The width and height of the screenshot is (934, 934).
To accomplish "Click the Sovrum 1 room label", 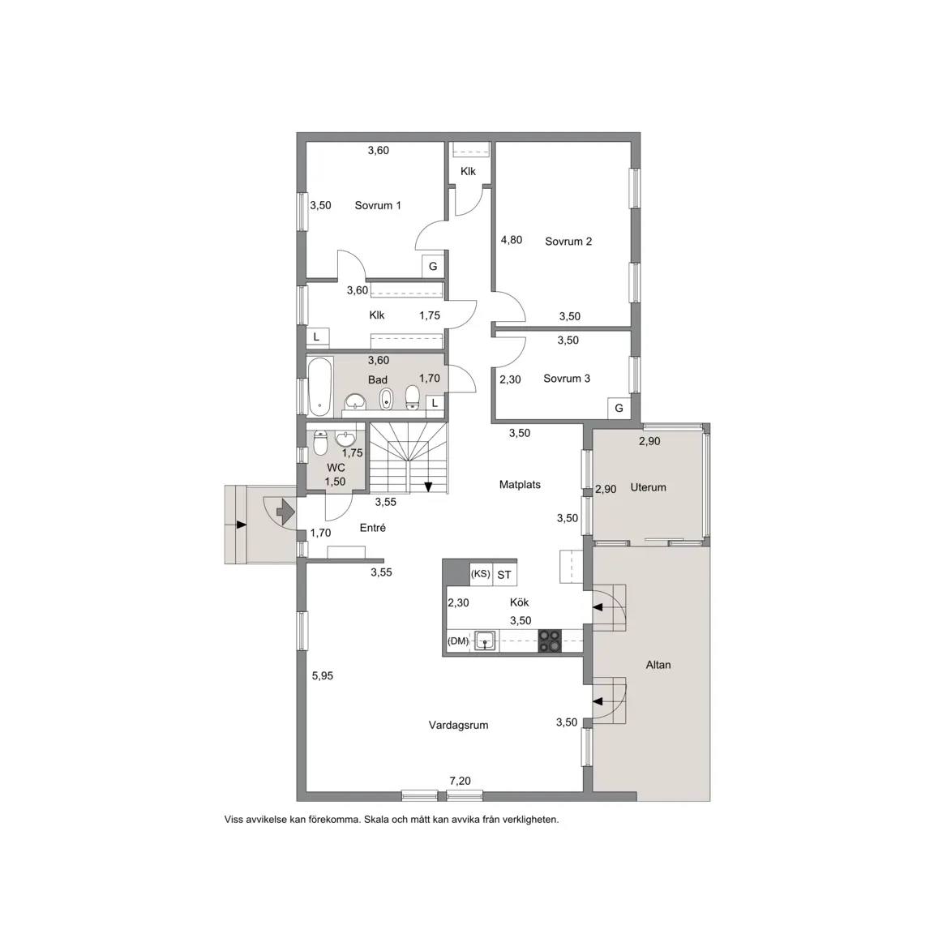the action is tap(378, 205).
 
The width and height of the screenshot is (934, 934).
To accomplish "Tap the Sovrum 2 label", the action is tap(568, 242).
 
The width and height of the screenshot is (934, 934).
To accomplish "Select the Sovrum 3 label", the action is tap(567, 379).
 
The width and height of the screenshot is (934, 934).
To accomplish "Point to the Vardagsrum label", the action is tap(458, 725).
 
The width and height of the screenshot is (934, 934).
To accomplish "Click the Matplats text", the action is tap(520, 484).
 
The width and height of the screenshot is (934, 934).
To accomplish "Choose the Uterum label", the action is tap(648, 487).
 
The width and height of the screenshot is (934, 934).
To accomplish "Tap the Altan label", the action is tap(658, 665).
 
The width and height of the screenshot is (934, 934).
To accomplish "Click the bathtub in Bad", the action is tap(320, 387).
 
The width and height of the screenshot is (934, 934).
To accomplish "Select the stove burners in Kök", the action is tap(550, 641).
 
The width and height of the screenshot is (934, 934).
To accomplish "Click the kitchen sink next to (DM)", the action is tap(486, 641).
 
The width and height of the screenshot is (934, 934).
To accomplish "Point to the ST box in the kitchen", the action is tap(504, 575).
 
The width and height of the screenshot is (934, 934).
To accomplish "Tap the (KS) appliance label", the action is tap(480, 574).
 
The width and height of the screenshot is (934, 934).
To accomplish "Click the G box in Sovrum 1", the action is tap(433, 266).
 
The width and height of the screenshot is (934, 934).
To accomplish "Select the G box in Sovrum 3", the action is tap(619, 408).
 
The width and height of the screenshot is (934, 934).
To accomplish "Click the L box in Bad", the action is tap(435, 403).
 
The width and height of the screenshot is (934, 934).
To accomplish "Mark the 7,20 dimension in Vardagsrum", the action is tap(460, 780).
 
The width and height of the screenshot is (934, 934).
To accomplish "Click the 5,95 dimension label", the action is tap(322, 675).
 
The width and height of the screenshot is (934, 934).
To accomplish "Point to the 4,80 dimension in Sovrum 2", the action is tap(511, 239).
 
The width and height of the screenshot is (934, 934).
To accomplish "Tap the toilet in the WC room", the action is tap(320, 443).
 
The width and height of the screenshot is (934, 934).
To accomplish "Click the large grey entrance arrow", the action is tap(285, 511).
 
